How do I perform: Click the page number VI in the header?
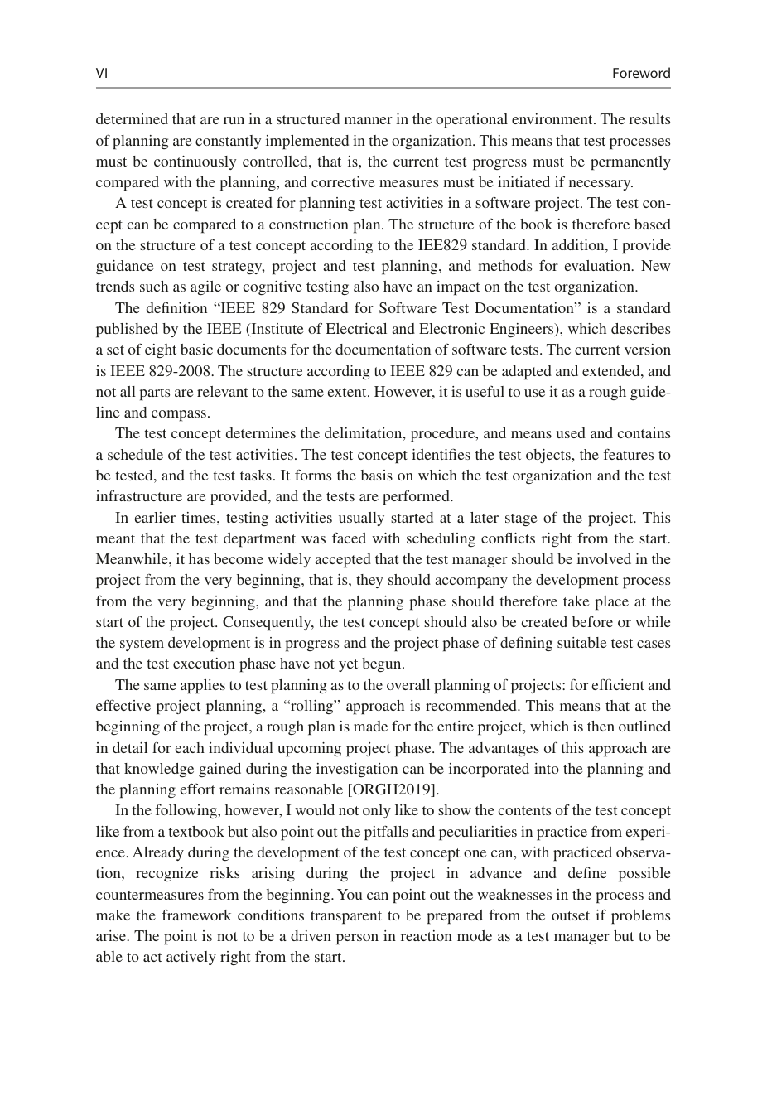tap(102, 73)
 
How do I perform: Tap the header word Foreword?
tap(640, 73)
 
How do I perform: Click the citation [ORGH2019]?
tap(396, 789)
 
